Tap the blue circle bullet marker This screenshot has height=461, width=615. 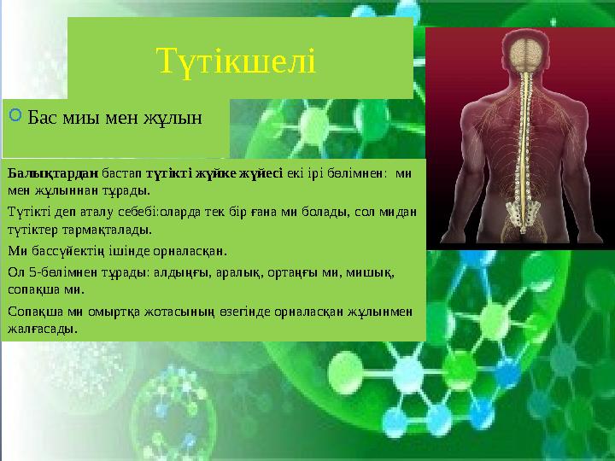coord(15,115)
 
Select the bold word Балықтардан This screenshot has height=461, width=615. coord(53,173)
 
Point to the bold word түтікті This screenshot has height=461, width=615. coord(169,173)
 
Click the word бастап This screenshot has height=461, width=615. coord(122,173)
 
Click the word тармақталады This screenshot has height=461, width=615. coord(107,230)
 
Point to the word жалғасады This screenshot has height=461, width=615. coord(43,329)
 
